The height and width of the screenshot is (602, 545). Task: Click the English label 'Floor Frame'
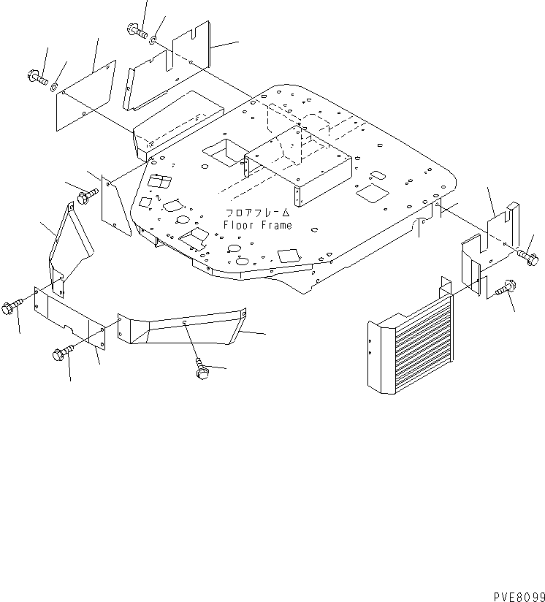pyautogui.click(x=257, y=225)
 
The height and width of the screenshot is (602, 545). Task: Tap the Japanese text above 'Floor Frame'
pyautogui.click(x=257, y=213)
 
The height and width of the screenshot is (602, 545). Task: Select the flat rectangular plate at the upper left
pyautogui.click(x=86, y=94)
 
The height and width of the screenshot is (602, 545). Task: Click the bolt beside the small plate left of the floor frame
pyautogui.click(x=87, y=195)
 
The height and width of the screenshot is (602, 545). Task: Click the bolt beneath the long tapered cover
pyautogui.click(x=201, y=368)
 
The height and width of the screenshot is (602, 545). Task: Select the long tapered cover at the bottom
pyautogui.click(x=186, y=327)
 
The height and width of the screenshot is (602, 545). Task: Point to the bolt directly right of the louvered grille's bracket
pyautogui.click(x=503, y=292)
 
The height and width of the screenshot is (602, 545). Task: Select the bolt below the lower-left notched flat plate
pyautogui.click(x=61, y=354)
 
